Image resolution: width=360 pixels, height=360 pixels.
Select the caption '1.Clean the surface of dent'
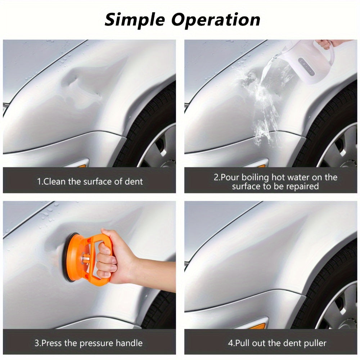coord(90,181)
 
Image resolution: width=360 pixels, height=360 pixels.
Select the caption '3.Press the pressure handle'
coord(88,343)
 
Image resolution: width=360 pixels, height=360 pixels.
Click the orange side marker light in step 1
coord(82,166)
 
